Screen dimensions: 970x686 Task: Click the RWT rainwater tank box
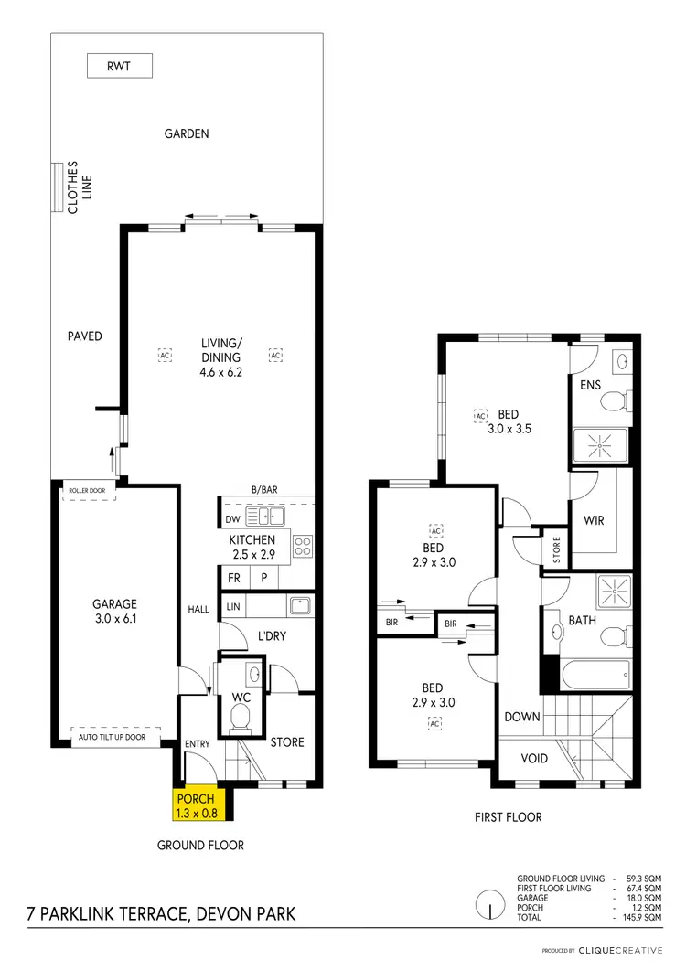click(119, 66)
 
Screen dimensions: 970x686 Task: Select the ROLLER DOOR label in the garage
click(87, 491)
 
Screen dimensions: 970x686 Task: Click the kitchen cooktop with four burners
click(303, 547)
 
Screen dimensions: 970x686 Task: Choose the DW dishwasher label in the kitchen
click(230, 519)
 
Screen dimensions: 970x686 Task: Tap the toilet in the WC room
click(241, 719)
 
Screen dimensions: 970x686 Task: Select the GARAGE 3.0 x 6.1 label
click(114, 612)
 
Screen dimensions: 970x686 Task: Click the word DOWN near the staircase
click(522, 717)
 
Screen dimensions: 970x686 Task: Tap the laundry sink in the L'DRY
click(299, 604)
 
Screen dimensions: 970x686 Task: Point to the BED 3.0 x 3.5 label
click(509, 421)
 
